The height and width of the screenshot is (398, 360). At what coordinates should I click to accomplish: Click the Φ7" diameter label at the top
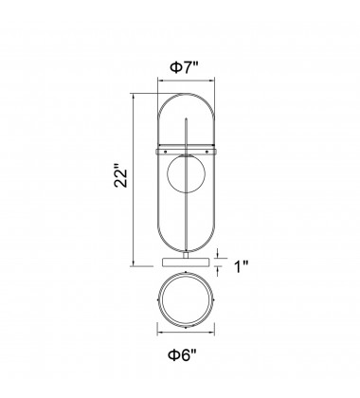(x=185, y=67)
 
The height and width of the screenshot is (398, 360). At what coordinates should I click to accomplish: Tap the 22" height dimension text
(x=121, y=175)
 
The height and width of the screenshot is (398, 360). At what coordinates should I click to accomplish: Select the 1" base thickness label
(x=242, y=266)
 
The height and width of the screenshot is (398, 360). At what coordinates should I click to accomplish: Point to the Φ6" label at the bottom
(x=182, y=355)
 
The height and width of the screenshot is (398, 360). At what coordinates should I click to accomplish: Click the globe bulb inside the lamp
(x=186, y=173)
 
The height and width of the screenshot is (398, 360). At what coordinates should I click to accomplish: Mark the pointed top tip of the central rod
(x=187, y=118)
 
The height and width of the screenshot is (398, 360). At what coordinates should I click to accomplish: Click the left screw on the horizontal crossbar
(x=165, y=152)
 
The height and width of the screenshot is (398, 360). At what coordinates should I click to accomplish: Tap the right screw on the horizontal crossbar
(x=207, y=152)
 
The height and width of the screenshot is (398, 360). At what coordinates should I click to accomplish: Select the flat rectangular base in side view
(x=186, y=262)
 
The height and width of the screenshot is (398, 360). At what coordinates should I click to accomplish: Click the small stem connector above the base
(x=186, y=255)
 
